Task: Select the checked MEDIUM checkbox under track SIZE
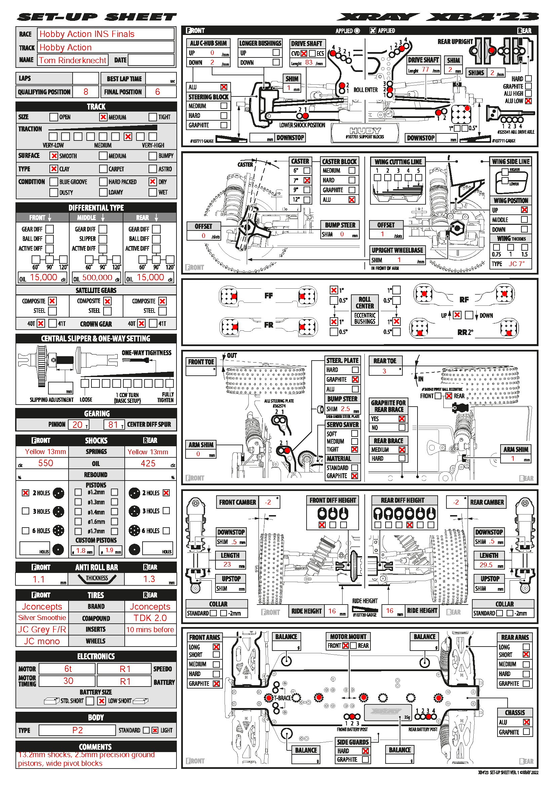[103, 117]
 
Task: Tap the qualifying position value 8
[86, 92]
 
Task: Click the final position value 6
[157, 92]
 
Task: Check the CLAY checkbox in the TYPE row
[54, 169]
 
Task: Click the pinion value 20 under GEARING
[78, 424]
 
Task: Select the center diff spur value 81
[113, 424]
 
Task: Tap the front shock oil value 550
[45, 463]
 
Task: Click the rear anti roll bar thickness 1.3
[149, 579]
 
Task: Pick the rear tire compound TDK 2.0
[150, 618]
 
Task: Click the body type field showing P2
[77, 730]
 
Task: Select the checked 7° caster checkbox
[307, 180]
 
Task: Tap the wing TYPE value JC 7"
[516, 264]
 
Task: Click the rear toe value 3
[384, 371]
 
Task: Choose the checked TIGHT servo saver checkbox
[355, 450]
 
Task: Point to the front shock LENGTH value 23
[227, 565]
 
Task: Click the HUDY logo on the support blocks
[365, 131]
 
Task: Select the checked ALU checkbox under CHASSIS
[526, 722]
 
